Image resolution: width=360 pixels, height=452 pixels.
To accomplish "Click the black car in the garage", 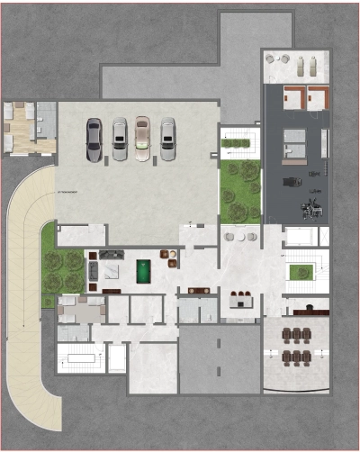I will point(94,140).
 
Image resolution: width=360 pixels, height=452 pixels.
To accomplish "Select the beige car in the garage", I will point(142,139).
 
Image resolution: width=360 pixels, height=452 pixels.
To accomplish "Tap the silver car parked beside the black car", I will point(119,140).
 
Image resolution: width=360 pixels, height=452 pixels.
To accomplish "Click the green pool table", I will point(143,270).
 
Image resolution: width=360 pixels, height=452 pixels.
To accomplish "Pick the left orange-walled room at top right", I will point(292,96).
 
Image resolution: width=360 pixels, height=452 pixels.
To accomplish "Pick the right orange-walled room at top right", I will point(317,96).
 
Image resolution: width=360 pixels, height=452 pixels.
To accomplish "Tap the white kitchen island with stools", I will point(238,300).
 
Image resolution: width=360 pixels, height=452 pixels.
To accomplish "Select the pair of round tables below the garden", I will point(239,236).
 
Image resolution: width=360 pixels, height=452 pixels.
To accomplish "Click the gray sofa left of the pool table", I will point(92,270).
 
